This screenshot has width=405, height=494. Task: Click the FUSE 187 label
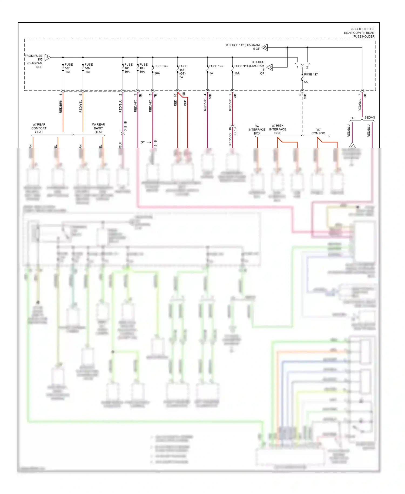tap(69, 65)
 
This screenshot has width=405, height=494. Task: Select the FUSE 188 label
tap(89, 65)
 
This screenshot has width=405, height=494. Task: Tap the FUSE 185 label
tap(129, 65)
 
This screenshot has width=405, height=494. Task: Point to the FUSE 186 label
tap(143, 65)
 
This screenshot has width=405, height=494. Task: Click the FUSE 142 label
tap(161, 66)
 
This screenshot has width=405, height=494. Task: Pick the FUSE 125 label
tap(216, 66)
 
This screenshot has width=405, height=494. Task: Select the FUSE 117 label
tap(311, 74)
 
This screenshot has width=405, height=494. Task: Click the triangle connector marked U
tap(47, 57)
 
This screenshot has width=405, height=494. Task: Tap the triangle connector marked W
tap(265, 47)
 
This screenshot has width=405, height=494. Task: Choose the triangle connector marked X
tap(270, 67)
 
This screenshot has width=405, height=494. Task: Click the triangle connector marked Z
tap(352, 146)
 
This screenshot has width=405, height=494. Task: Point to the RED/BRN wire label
tap(61, 106)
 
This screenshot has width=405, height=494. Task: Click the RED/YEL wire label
tap(81, 106)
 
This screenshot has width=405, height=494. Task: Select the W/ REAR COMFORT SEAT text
tap(39, 128)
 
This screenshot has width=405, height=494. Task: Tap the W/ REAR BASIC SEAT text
tap(99, 128)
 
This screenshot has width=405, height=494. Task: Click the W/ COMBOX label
tap(318, 131)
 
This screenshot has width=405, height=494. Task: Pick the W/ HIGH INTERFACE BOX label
tap(278, 129)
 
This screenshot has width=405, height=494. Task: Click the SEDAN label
tap(370, 118)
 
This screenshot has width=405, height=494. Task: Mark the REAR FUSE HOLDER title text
tap(359, 33)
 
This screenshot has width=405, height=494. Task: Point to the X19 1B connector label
tap(126, 126)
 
